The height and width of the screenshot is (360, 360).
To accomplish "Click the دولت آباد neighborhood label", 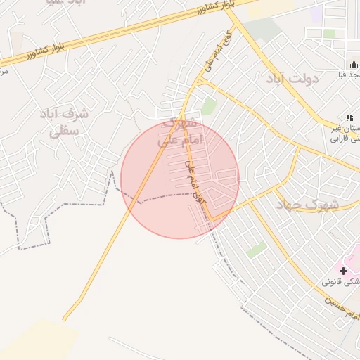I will point(292,78).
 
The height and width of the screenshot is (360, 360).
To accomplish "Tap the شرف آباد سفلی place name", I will point(64,121).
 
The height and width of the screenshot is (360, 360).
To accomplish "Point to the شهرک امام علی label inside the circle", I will point(179,131).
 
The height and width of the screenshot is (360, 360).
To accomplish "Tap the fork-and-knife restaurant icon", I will point(349,117).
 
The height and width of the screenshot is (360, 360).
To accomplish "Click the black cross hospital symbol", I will point(343,271).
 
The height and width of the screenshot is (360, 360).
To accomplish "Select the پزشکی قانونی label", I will point(342,281).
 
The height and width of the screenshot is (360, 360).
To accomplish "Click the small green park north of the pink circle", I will point(209,106).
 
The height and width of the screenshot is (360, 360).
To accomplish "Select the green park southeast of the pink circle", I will point(257,250).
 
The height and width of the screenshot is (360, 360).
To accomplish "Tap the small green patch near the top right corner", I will point(329,33).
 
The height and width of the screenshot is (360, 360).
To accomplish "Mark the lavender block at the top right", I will point(316,13).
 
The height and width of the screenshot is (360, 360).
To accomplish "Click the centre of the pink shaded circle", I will point(180,180).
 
